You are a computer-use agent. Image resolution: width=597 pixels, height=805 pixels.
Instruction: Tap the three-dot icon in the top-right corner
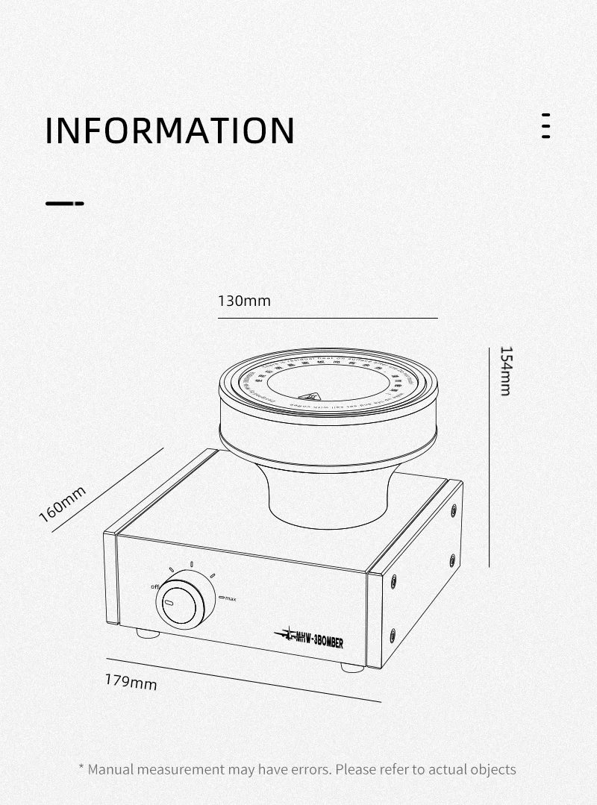(x=546, y=126)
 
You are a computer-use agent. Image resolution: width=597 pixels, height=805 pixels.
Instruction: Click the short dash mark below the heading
(x=65, y=203)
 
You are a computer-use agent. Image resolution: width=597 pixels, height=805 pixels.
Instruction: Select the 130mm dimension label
(x=244, y=301)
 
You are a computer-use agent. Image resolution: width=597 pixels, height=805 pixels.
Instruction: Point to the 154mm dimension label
(x=505, y=371)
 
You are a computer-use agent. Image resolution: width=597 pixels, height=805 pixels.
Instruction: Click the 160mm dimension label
(x=63, y=504)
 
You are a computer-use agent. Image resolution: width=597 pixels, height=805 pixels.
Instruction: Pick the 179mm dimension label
(x=131, y=681)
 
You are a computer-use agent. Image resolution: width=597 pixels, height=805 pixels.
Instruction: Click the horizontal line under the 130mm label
(x=328, y=318)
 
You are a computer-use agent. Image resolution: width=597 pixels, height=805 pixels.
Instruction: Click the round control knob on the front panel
(x=185, y=601)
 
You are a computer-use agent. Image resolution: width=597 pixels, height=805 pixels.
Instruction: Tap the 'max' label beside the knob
(x=230, y=599)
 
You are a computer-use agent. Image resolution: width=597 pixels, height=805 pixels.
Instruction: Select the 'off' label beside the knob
(x=156, y=586)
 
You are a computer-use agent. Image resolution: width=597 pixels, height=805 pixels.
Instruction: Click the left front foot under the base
(x=148, y=633)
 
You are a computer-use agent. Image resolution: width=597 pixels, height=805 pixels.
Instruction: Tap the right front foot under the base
(x=352, y=667)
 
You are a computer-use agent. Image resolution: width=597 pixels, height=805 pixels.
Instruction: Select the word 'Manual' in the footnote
(x=110, y=769)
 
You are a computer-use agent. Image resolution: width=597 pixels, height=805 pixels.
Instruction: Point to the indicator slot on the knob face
(x=169, y=603)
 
